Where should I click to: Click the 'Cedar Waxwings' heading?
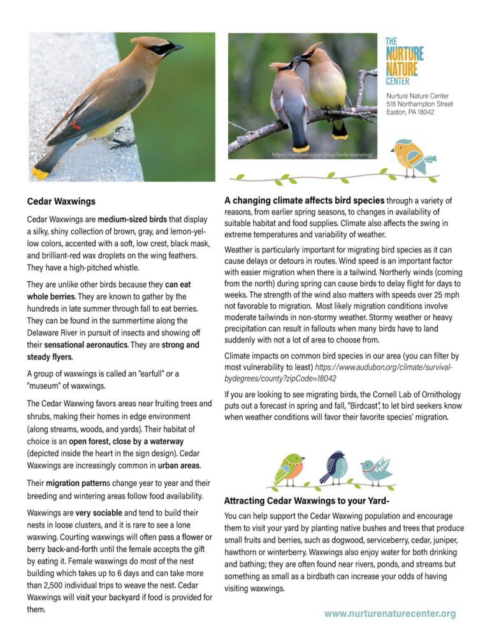61,201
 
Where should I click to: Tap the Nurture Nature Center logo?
404,61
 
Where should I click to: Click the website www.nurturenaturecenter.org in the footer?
389,613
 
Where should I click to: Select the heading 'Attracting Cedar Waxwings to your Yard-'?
307,500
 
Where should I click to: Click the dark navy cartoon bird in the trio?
334,467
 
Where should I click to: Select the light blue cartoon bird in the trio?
375,471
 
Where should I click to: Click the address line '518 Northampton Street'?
419,104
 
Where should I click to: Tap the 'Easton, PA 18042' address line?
410,112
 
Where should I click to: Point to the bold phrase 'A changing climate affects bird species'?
304,200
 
